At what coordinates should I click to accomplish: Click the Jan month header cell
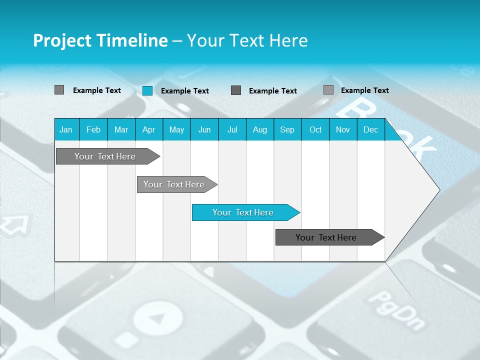[66, 129]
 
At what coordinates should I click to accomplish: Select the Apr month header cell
[148, 129]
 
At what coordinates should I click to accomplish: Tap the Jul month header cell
[232, 129]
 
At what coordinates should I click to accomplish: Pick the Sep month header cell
[287, 129]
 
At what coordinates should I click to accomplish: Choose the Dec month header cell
[370, 129]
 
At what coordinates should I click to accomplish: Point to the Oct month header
[315, 129]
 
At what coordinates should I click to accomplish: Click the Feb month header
[93, 129]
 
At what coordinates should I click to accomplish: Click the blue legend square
[147, 90]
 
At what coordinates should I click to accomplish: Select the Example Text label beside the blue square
[185, 91]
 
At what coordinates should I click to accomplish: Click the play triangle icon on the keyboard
[157, 318]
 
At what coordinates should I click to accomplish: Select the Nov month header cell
[343, 129]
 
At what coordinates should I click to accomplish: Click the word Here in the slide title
[288, 40]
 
